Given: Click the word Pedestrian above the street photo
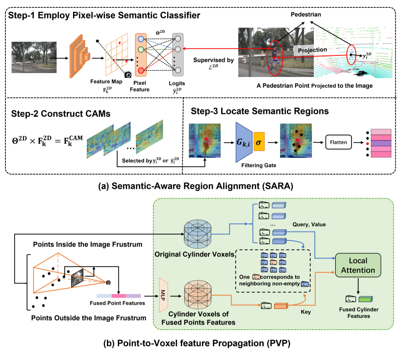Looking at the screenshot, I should click(304, 15).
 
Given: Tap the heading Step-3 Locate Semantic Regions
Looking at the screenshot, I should click(259, 112).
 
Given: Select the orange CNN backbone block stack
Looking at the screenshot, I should click(79, 54).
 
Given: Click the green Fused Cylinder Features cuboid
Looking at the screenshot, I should click(366, 299).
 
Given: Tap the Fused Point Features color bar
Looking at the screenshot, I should click(119, 296).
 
